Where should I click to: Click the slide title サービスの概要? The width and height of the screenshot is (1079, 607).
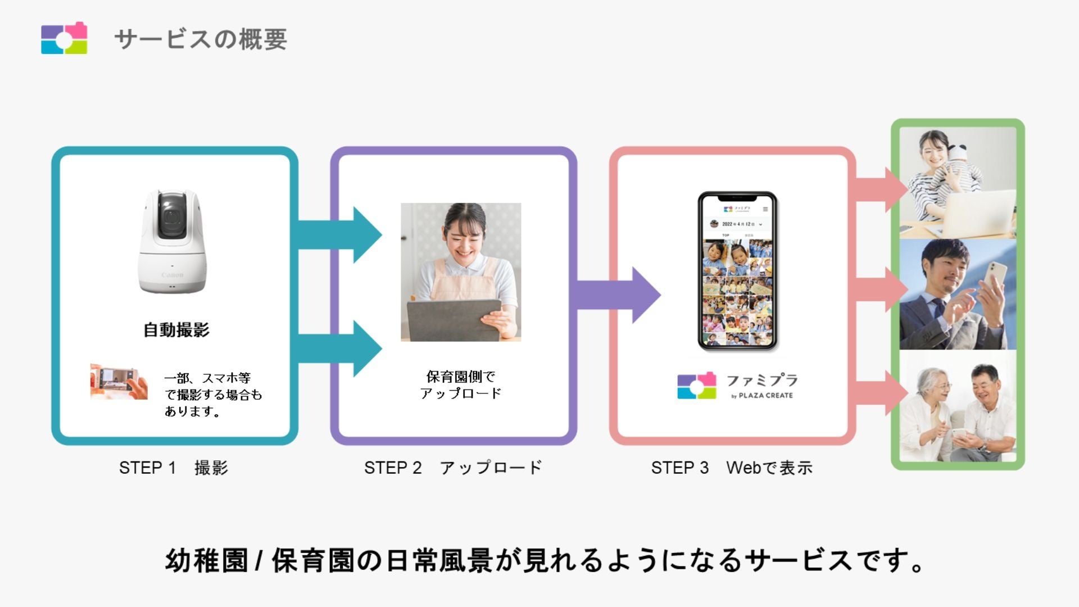click(x=201, y=39)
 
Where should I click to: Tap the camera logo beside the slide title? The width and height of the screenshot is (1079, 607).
click(x=64, y=38)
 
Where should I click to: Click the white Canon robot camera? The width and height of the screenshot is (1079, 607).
click(x=172, y=242)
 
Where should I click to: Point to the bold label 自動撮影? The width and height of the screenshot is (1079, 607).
click(x=176, y=330)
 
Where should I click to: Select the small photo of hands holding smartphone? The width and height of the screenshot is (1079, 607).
click(x=119, y=382)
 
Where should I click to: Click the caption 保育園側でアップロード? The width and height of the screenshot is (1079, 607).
click(x=461, y=385)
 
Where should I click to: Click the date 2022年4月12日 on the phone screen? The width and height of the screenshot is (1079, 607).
click(x=738, y=224)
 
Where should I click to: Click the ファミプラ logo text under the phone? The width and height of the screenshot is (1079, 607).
click(x=762, y=380)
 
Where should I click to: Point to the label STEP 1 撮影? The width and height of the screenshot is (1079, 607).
click(x=174, y=468)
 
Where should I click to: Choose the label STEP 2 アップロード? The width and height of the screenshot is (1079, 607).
click(x=453, y=468)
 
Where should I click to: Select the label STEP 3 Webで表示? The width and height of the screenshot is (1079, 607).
click(x=732, y=468)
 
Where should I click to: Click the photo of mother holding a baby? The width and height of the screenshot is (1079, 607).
click(x=958, y=183)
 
